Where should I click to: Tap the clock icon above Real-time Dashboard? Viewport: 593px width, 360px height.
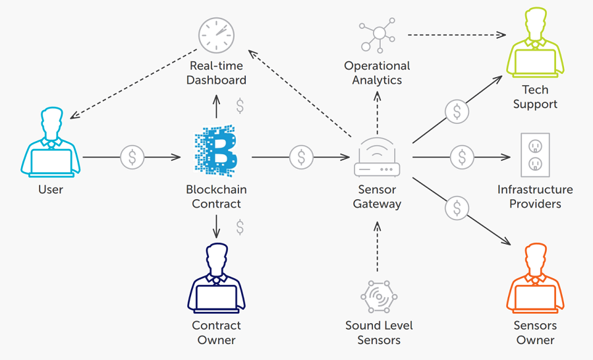coord(216,35)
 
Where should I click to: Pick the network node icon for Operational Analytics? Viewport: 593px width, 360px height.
coord(377,36)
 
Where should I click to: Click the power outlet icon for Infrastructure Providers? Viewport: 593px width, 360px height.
coord(535,155)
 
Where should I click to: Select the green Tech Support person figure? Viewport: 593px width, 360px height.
coord(535,45)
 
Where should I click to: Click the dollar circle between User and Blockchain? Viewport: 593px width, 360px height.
coord(132,157)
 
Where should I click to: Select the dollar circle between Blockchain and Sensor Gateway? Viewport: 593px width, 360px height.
coord(301,157)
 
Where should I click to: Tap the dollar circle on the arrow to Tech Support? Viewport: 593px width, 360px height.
coord(457,111)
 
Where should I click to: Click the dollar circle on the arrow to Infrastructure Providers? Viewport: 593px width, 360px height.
coord(462,157)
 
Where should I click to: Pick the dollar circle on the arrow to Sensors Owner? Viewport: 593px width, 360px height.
coord(457,208)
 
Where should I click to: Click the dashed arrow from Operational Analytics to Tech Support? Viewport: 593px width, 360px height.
coord(455,34)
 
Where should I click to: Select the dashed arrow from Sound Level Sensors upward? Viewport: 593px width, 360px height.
coord(378,247)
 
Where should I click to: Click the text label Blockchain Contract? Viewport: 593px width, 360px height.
coord(216,196)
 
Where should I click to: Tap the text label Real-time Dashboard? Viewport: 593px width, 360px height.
coord(216,73)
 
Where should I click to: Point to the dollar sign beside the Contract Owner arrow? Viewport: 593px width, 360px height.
coord(240,227)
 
